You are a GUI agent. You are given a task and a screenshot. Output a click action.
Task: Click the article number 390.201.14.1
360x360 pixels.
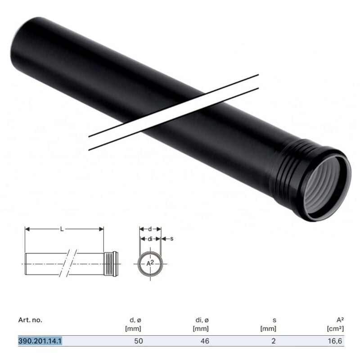[x=40, y=341]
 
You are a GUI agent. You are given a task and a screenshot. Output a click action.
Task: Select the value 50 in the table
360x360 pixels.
[x=138, y=341]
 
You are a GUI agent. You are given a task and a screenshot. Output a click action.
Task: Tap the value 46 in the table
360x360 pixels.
[x=205, y=341]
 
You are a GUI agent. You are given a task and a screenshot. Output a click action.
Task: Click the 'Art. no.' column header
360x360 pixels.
[x=30, y=320]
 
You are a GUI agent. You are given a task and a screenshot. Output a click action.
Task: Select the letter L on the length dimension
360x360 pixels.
[x=62, y=229]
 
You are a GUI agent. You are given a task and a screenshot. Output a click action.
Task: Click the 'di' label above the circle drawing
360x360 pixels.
[x=150, y=239]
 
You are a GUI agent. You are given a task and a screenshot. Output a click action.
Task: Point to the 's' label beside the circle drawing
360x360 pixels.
[x=172, y=239]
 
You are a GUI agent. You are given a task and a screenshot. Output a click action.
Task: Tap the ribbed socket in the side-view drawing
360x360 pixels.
[x=110, y=263]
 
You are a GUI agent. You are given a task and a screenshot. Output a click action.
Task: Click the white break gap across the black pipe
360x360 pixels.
[x=173, y=112]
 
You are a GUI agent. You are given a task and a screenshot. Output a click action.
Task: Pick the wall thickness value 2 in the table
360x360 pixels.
[x=274, y=341]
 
